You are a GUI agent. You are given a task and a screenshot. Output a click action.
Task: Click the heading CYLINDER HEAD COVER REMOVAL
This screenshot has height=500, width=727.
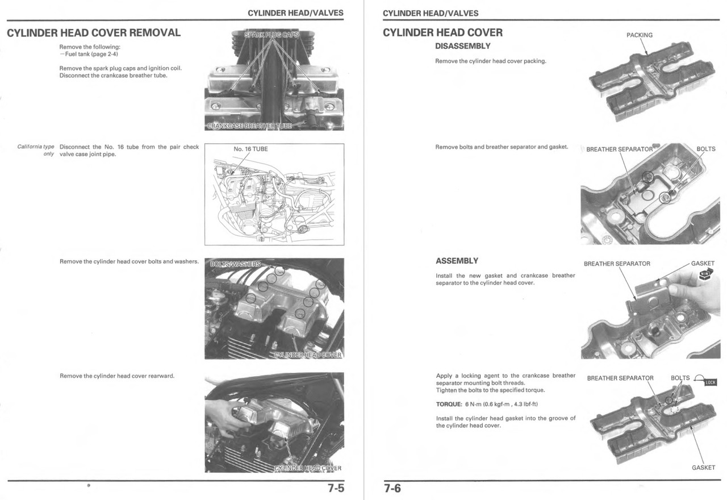(94, 32)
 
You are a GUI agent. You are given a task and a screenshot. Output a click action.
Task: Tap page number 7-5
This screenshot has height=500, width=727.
(335, 488)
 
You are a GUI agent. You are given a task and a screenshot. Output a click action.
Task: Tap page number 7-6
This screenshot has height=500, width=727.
(392, 488)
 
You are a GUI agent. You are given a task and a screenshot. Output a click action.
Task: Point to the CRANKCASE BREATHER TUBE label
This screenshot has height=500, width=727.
(249, 126)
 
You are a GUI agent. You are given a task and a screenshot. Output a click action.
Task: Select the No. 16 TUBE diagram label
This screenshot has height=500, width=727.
(250, 149)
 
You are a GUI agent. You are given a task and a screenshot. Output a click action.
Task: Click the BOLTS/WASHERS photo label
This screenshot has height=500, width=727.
(235, 264)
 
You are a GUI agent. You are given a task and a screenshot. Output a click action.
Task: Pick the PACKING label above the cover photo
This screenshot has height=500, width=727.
(639, 35)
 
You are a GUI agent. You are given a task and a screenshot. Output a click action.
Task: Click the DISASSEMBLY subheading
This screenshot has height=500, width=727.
(462, 46)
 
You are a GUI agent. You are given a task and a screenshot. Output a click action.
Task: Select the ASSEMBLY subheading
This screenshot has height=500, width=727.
(457, 261)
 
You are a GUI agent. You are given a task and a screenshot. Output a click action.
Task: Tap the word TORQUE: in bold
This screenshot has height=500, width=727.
(449, 404)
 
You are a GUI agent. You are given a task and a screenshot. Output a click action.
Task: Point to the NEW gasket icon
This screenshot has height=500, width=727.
(705, 275)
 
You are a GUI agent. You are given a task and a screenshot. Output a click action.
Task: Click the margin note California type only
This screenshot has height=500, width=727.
(36, 151)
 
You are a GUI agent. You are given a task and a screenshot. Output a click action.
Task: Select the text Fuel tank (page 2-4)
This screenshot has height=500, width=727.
(90, 54)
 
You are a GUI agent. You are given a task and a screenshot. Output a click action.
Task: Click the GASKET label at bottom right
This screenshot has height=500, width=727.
(703, 468)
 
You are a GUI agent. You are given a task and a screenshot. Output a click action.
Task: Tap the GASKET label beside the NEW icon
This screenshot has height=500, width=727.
(703, 264)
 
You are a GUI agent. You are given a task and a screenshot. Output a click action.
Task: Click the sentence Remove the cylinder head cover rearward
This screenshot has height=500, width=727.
(117, 376)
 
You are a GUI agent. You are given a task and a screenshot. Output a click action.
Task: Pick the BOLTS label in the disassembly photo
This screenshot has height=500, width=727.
(705, 149)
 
